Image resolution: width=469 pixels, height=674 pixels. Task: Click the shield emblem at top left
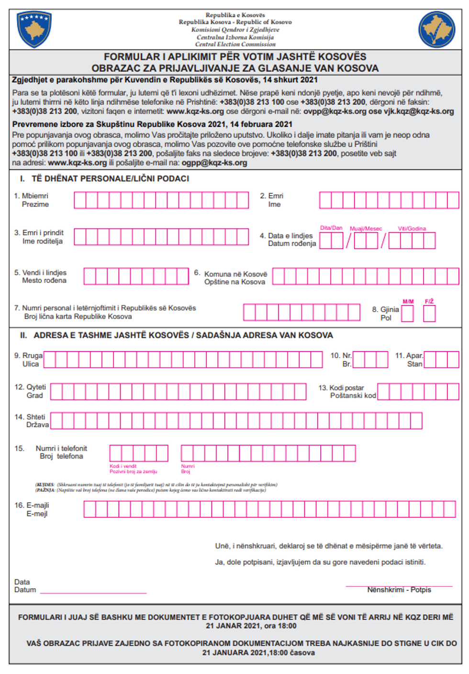34,30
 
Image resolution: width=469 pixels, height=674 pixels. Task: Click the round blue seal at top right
436,30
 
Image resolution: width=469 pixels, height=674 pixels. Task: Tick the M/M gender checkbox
407,314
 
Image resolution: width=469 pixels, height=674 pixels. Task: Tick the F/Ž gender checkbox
429,314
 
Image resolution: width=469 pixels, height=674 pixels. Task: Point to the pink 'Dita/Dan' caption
331,228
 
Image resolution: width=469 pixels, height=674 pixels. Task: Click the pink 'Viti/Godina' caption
412,228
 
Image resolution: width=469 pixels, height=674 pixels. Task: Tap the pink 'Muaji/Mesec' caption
366,228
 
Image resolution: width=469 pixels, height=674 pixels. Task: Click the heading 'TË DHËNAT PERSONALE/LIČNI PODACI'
110,179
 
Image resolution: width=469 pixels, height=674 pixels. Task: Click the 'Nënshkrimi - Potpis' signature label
399,590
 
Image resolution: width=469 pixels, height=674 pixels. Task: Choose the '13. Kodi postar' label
347,392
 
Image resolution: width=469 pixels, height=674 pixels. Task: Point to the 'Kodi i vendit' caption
123,466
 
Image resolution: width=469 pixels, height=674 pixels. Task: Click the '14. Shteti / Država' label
32,421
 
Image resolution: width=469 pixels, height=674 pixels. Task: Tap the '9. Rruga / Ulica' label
29,359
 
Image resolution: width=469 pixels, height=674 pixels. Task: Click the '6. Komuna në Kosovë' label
235,278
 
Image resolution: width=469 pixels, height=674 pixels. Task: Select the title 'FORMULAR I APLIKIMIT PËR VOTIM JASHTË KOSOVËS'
235,57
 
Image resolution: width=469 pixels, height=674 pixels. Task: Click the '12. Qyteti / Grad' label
31,391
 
